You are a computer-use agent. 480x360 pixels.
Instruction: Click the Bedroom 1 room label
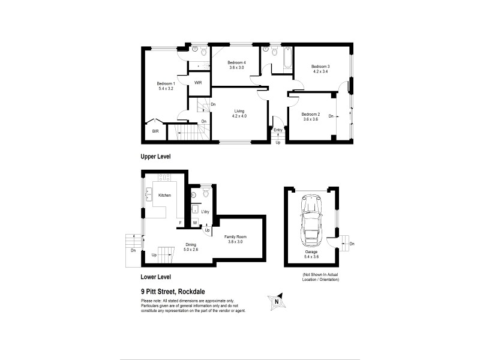[x=166, y=83]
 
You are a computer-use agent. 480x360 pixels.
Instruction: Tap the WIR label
[x=198, y=83]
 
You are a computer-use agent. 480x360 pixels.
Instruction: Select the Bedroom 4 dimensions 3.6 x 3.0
[x=236, y=68]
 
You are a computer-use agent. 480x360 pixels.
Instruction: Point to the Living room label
[x=239, y=110]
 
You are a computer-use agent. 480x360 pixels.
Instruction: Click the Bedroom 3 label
[x=320, y=66]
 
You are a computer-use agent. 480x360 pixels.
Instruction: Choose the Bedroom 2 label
[x=310, y=114]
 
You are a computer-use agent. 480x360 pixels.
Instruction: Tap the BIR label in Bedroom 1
[x=155, y=131]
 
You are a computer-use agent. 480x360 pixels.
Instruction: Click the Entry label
[x=278, y=130]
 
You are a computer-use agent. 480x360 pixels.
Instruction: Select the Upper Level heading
[x=156, y=156]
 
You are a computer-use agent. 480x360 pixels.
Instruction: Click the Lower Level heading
[x=156, y=277]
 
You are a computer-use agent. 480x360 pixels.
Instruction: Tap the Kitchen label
[x=164, y=195]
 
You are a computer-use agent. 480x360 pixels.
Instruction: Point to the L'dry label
[x=205, y=212]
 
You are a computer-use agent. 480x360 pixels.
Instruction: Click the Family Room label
[x=235, y=237]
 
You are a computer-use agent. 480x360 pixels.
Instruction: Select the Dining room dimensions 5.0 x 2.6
[x=191, y=249]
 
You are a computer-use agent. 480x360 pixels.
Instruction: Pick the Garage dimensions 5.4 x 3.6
[x=311, y=257]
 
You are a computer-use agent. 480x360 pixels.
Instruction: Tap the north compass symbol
[x=277, y=301]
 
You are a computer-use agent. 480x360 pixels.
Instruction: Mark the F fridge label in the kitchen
[x=179, y=224]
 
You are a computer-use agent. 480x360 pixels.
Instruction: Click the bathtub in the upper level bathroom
[x=286, y=59]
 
